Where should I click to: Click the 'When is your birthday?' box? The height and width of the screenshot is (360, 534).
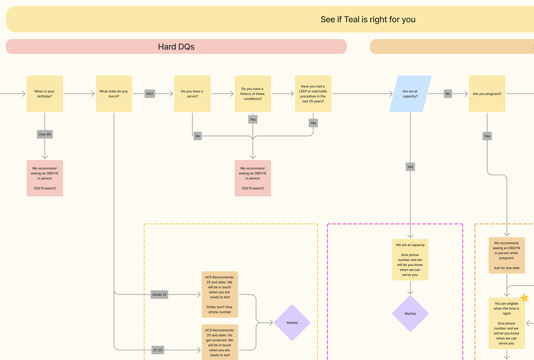(x=45, y=94)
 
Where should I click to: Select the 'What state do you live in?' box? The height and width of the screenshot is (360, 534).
(x=114, y=94)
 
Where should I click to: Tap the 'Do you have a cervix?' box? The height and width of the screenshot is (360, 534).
(x=192, y=94)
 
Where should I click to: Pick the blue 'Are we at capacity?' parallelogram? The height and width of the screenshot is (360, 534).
(x=410, y=94)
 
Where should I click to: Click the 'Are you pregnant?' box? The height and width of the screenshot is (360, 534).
(x=487, y=94)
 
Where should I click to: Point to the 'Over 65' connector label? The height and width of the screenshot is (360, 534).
(x=45, y=134)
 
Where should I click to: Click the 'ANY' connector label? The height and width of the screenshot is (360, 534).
(x=150, y=94)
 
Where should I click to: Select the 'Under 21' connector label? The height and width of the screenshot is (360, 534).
(x=159, y=295)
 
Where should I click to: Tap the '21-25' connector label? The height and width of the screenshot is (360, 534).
(x=158, y=350)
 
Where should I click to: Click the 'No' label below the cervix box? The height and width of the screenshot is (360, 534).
(x=198, y=136)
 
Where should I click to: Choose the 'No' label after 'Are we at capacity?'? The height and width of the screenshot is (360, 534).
(x=448, y=94)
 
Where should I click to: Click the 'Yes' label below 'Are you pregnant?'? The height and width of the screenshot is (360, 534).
(x=487, y=136)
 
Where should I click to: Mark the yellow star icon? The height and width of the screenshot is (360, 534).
(x=524, y=298)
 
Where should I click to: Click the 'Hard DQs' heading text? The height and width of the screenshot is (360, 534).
(x=176, y=47)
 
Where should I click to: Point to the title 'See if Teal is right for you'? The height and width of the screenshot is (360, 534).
(x=368, y=19)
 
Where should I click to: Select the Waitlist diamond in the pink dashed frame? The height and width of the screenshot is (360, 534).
(x=410, y=314)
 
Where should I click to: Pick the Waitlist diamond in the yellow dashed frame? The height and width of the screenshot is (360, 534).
(x=292, y=323)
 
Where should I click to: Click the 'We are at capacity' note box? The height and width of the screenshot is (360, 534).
(x=410, y=260)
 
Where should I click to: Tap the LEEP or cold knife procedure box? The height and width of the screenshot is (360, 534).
(x=313, y=94)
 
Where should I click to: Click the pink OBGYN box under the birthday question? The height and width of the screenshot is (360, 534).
(x=45, y=178)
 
